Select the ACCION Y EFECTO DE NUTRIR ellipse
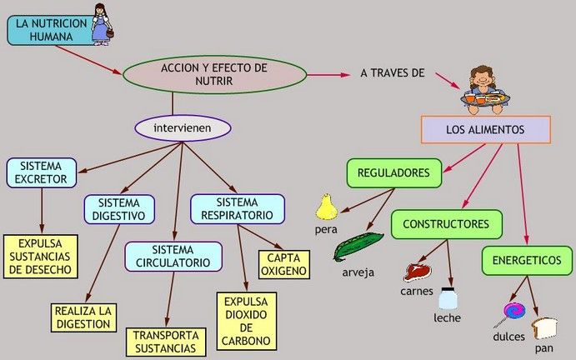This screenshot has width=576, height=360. [214, 73]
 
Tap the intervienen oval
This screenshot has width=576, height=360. [181, 128]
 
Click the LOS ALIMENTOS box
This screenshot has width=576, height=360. [485, 130]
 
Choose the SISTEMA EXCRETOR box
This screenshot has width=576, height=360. [41, 172]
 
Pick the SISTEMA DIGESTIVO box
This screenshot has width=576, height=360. [119, 209]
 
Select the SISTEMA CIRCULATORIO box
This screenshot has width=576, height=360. [173, 257]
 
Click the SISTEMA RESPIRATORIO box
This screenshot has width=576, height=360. [237, 209]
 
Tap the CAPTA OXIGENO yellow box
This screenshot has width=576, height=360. [283, 265]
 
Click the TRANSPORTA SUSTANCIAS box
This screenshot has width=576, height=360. [166, 341]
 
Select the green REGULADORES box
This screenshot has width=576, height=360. [393, 173]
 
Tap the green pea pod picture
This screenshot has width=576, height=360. [358, 247]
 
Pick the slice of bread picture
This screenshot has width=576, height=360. [545, 328]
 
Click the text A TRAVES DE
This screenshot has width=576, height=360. [393, 73]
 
